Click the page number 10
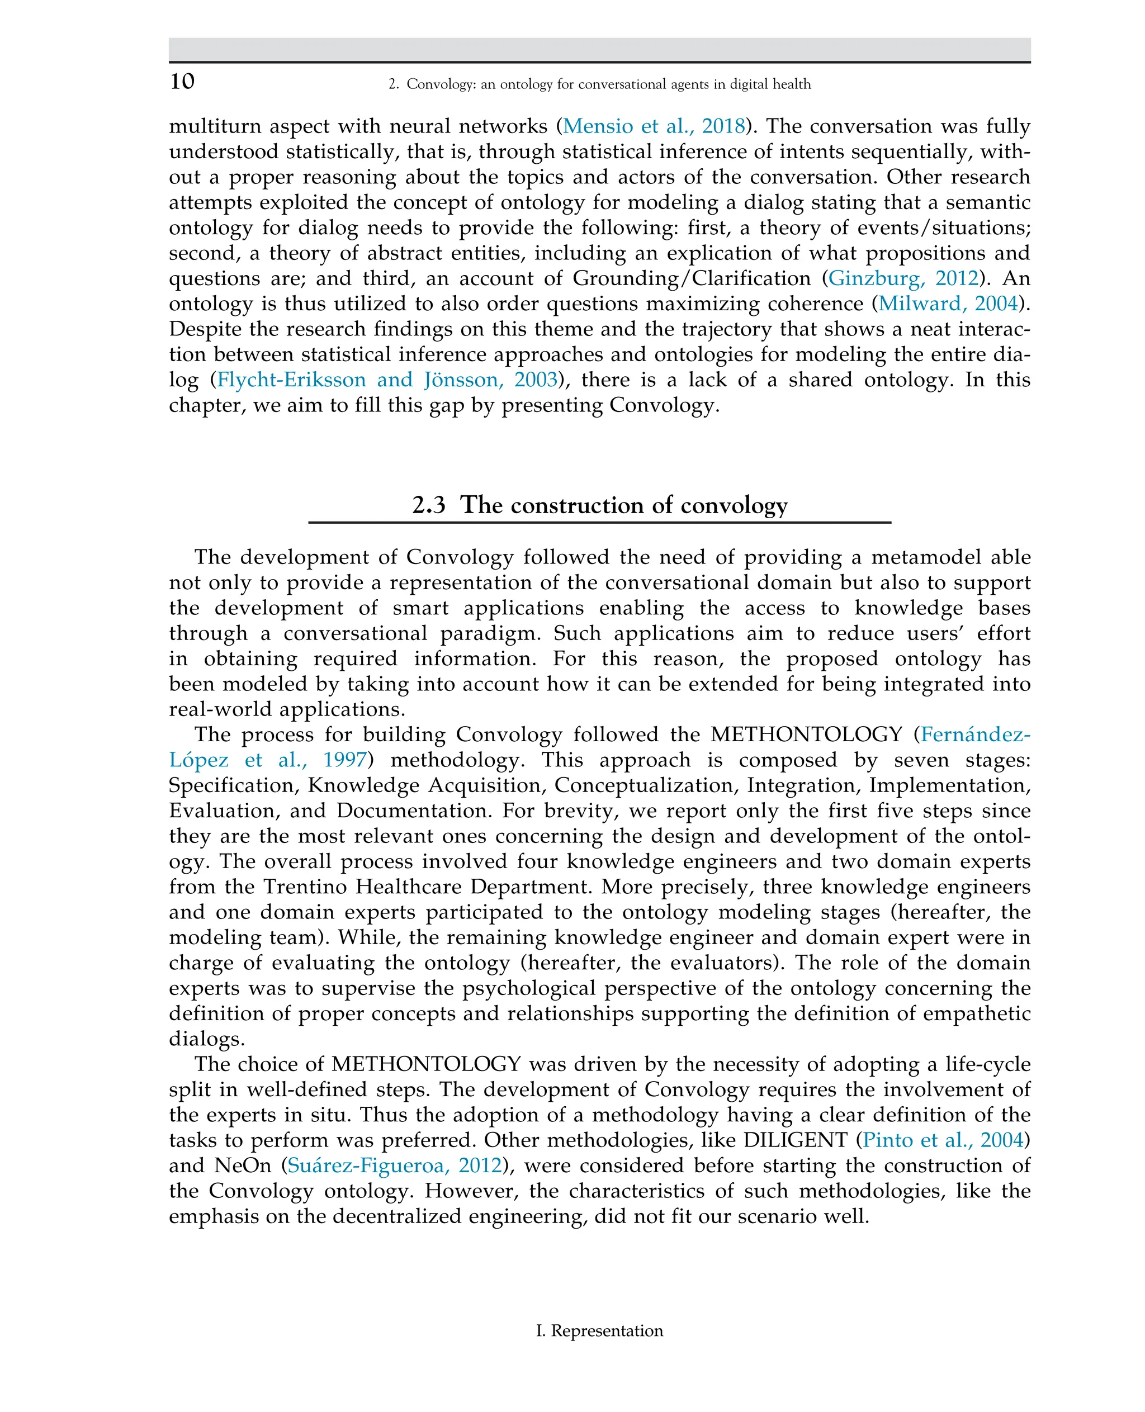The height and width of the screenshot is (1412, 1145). (182, 81)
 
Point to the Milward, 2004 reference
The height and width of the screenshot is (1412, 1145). (948, 304)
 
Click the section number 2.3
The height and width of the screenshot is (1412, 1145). (429, 505)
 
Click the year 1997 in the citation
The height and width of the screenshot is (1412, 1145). (344, 760)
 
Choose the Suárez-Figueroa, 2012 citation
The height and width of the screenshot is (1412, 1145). (394, 1165)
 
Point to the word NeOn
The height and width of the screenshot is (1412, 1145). (243, 1165)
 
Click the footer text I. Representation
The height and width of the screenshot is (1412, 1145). (599, 1331)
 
